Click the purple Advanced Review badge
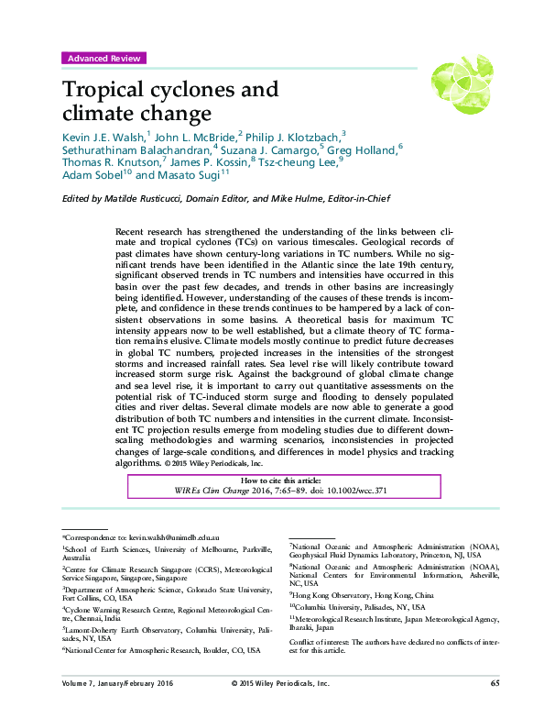(103, 58)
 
